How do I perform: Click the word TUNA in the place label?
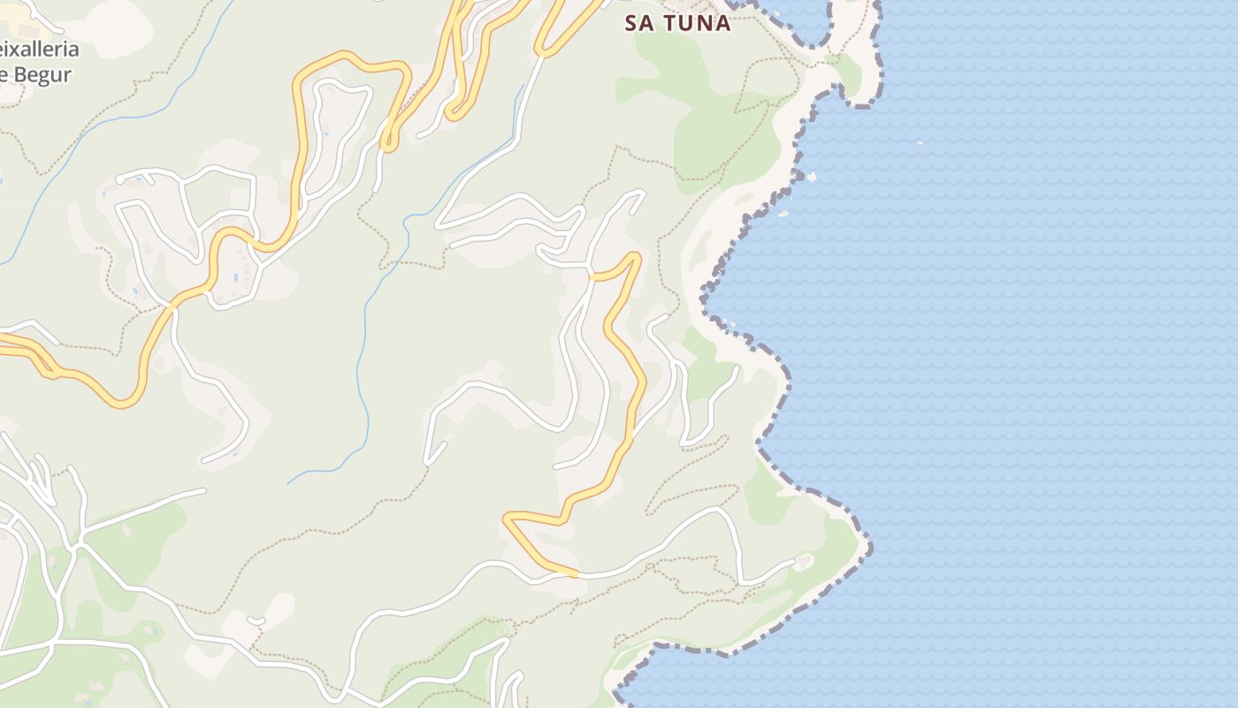tap(698, 23)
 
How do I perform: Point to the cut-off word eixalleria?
tap(39, 50)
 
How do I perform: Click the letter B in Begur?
tap(23, 73)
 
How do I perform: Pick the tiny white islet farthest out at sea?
tap(920, 142)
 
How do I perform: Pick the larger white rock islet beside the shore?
tap(810, 177)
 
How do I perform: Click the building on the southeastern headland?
tap(804, 561)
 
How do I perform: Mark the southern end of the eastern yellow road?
tap(575, 574)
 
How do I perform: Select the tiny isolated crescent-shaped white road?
tap(256, 620)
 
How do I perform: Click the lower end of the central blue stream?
tap(289, 483)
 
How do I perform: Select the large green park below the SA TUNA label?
tap(707, 133)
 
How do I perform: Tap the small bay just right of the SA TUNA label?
tap(800, 22)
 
